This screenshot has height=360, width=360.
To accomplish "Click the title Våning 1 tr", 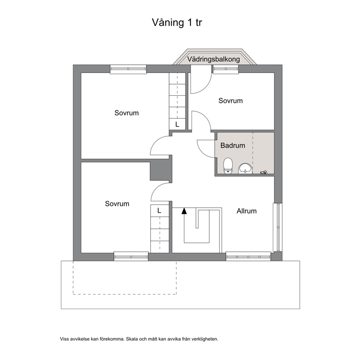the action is click(177, 22).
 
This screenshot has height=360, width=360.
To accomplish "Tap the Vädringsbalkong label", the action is click(213, 59).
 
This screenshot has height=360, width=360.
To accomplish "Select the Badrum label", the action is click(233, 145).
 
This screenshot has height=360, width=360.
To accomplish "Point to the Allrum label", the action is click(246, 211).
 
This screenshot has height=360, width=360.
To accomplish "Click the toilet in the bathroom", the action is click(228, 165).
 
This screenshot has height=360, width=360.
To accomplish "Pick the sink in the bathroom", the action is click(245, 168).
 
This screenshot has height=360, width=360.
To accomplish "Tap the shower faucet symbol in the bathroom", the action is click(263, 172).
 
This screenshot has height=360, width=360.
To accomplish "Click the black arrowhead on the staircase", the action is click(184, 211).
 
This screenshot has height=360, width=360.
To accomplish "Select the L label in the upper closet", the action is click(177, 124).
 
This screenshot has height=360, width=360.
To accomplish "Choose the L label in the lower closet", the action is click(159, 210).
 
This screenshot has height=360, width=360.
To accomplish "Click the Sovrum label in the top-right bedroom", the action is click(230, 101).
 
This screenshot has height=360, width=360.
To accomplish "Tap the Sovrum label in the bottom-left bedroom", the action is click(117, 204).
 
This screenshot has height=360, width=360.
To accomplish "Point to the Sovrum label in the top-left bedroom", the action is click(127, 113).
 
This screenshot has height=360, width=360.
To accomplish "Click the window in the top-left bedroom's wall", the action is click(128, 69).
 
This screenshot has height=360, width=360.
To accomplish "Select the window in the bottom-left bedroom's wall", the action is click(131, 257).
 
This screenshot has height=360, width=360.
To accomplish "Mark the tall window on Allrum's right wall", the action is click(277, 227).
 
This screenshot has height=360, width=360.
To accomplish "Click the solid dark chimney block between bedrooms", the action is click(161, 171).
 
